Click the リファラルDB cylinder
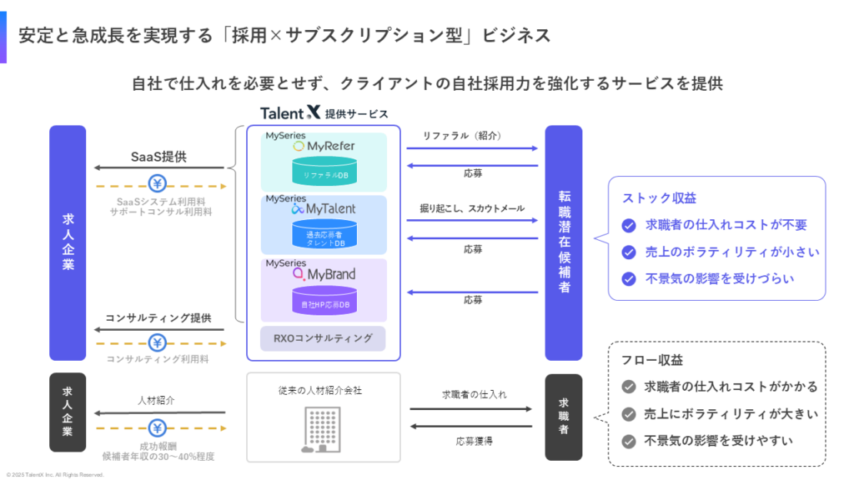click(324, 172)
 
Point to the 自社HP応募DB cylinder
click(324, 302)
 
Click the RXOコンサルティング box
click(324, 337)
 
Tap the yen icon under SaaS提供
click(156, 184)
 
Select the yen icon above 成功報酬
click(156, 428)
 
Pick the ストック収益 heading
click(659, 198)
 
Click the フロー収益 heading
click(652, 360)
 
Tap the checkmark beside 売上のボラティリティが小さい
click(630, 252)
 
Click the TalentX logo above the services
click(289, 112)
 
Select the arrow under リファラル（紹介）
click(472, 148)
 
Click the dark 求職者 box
click(564, 417)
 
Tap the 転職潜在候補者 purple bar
click(564, 242)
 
